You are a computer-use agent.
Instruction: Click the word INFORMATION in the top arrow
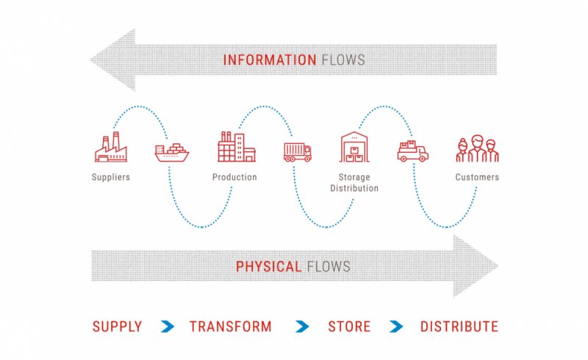tap(270, 60)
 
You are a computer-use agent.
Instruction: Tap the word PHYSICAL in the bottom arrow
tap(268, 267)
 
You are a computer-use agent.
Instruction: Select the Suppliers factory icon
tap(111, 147)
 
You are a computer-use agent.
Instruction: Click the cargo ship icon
tap(172, 152)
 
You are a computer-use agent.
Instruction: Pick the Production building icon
tap(237, 147)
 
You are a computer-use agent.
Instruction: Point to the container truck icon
tap(298, 152)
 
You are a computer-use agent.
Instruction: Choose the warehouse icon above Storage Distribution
tap(354, 147)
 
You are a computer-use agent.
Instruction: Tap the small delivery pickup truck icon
tap(413, 151)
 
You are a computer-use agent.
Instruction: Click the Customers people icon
tap(477, 148)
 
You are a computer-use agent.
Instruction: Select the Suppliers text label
tap(111, 177)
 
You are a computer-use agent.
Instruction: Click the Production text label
tap(234, 177)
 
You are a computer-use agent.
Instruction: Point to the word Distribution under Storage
tap(354, 188)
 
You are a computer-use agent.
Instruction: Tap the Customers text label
tap(477, 177)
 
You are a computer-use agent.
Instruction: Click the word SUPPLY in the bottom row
tap(118, 327)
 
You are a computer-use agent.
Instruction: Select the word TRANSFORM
tap(231, 327)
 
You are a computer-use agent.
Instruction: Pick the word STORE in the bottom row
tap(349, 327)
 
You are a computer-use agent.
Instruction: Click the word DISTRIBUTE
tap(459, 327)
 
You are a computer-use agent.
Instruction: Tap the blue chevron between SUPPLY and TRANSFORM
tap(168, 327)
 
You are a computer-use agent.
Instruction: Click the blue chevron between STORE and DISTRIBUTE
tap(396, 327)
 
